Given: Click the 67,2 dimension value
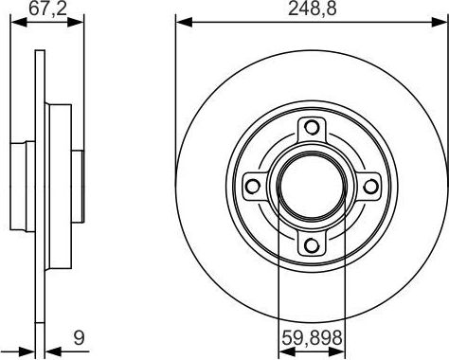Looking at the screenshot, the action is point(48,9).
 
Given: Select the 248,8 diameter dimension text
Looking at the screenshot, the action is point(313,9).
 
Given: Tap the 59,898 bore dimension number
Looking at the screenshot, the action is point(312,337).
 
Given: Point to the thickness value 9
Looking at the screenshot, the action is point(79,337).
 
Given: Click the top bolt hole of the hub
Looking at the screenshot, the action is point(312,127).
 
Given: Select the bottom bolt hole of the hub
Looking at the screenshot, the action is point(312,244).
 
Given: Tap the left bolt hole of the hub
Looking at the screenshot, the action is point(253,186).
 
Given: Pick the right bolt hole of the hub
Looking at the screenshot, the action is point(370,186).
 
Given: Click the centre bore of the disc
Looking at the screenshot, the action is point(312,186).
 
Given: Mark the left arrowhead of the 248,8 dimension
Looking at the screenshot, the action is point(184,22).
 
